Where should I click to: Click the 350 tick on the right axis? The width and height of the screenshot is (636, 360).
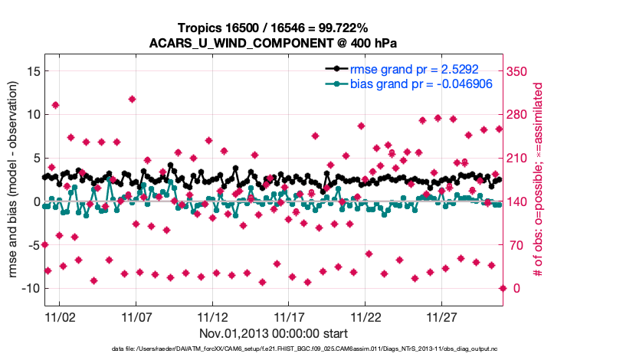(x=519, y=71)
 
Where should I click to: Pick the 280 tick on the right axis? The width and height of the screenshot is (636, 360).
(x=519, y=115)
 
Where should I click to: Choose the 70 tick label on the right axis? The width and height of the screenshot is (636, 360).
(x=516, y=245)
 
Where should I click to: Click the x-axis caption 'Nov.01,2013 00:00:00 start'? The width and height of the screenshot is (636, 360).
(x=273, y=334)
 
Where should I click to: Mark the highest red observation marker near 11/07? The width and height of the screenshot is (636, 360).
(x=132, y=99)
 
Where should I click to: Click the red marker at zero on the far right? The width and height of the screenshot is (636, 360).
(x=503, y=288)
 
